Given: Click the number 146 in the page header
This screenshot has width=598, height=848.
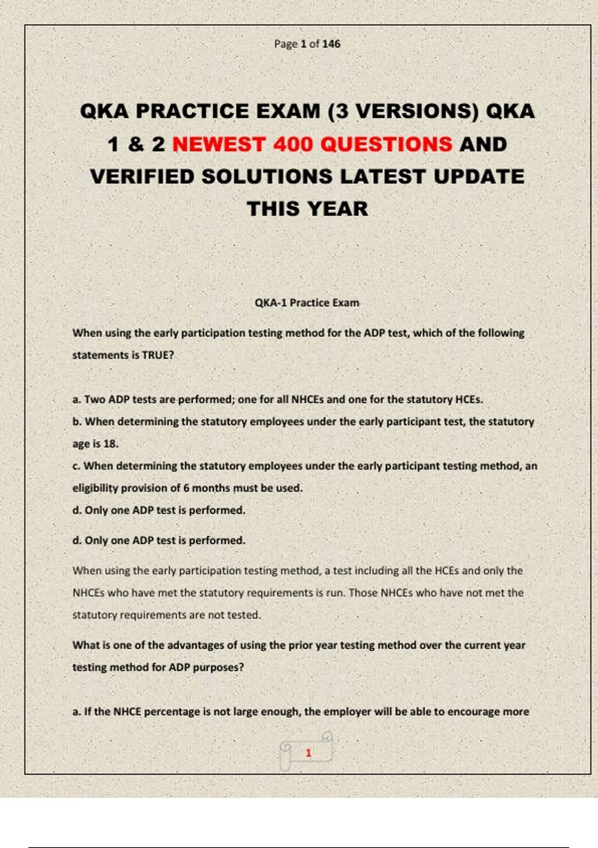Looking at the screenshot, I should pos(331,44).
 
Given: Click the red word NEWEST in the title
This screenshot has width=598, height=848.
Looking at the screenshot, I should pos(218,145).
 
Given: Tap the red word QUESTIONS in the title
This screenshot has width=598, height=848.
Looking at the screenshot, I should pos(386,145).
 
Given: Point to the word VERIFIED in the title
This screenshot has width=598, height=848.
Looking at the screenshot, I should pos(142,177).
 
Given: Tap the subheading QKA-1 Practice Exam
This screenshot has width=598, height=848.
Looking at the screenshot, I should pos(306,303).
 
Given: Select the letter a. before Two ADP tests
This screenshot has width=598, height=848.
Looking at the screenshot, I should pos(77,400).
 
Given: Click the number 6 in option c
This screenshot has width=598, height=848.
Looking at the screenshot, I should pos(186,488).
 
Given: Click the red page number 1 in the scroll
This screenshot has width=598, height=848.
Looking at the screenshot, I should pos(308,753).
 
